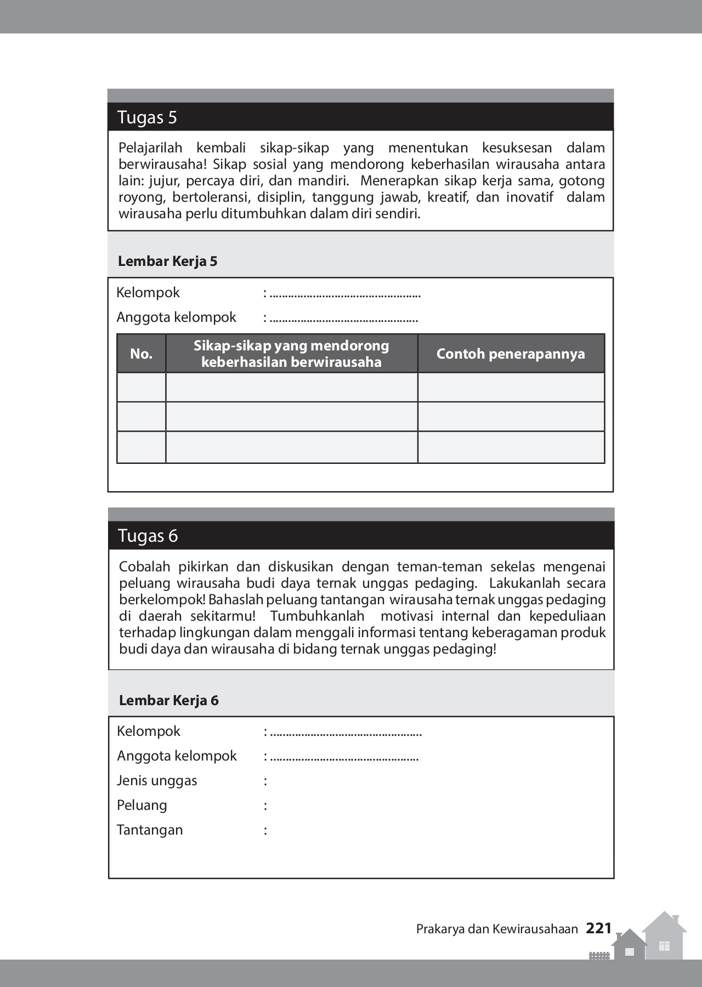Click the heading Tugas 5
(x=147, y=117)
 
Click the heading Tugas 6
(x=148, y=536)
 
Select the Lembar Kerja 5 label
(x=167, y=261)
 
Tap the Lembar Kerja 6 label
(x=168, y=700)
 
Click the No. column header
(x=141, y=354)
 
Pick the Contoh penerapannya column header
(x=511, y=354)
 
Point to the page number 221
(x=598, y=928)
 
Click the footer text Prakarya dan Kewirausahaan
(x=497, y=929)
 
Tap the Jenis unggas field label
(x=157, y=780)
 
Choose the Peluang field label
(x=141, y=805)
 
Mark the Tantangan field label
(x=150, y=830)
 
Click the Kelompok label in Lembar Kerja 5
(x=148, y=292)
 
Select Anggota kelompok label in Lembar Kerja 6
(x=177, y=756)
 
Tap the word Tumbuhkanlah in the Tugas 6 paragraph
(x=317, y=616)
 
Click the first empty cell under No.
(x=141, y=387)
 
